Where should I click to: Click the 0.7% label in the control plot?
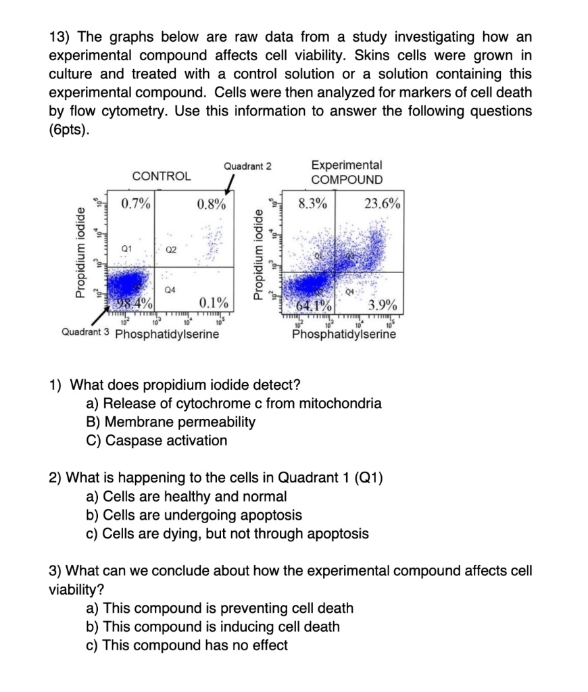137,203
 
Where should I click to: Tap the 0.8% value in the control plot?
212,203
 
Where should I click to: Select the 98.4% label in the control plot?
134,301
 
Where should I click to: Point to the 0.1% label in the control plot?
214,301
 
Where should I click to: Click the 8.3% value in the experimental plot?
312,203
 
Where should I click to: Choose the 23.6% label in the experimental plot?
383,203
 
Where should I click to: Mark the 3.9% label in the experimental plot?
383,303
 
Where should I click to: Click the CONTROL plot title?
162,176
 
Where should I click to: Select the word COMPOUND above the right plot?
347,180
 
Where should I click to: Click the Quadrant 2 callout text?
247,166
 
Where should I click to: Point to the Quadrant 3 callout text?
86,333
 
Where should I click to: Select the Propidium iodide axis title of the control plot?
82,250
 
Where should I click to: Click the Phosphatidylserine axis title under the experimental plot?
345,334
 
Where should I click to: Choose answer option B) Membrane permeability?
171,422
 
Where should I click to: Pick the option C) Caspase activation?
157,441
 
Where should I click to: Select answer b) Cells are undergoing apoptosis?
195,515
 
